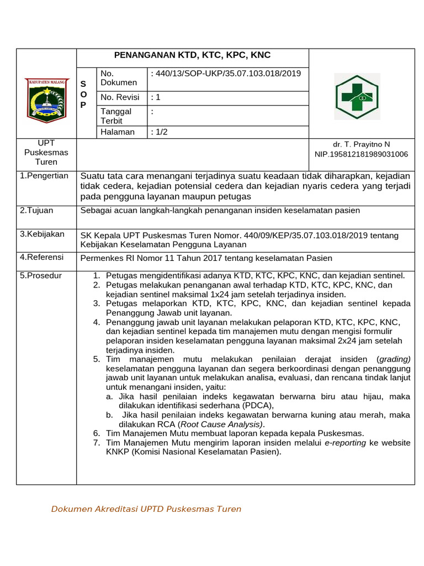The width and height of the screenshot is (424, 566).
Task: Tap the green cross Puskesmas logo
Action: pos(357,97)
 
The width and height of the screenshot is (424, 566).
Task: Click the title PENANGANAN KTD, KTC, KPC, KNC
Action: pos(192,55)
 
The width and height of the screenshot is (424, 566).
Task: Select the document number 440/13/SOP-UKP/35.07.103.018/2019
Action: pos(225,73)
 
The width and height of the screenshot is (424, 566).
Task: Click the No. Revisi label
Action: pos(120,97)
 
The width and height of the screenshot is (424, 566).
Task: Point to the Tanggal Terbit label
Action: pos(116,116)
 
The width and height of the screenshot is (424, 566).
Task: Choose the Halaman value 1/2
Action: pos(157,132)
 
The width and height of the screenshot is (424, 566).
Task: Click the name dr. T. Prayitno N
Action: pos(361,144)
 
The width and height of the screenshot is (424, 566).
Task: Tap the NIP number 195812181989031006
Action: pos(361,154)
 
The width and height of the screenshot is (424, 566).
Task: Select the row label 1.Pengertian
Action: pos(44,176)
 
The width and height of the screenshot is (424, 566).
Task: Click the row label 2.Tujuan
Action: pos(37,211)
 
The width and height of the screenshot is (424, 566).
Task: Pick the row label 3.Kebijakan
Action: pos(42,234)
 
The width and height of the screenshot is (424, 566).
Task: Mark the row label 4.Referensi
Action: pos(42,257)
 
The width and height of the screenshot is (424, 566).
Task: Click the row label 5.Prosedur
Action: pos(41,275)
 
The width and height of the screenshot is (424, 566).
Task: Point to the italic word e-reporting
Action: pos(345,443)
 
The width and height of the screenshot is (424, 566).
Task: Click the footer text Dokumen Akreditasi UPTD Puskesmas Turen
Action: pos(146,509)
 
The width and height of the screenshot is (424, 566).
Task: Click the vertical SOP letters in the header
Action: pos(83,94)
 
